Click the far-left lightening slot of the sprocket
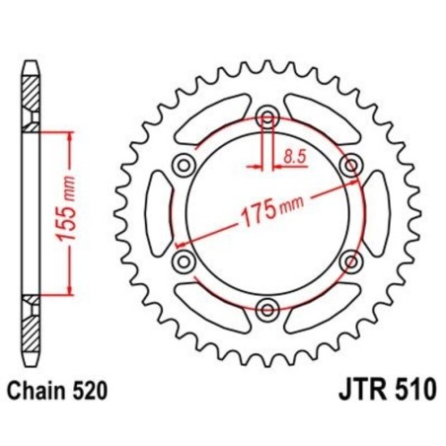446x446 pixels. point(157,214)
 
